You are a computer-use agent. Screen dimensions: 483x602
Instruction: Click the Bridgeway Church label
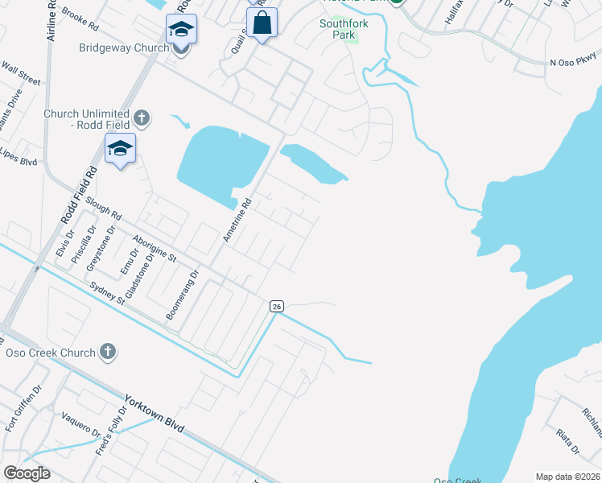(124, 48)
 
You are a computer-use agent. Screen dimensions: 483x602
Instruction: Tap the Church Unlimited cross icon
(142, 119)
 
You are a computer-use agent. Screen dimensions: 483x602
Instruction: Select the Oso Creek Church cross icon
(108, 351)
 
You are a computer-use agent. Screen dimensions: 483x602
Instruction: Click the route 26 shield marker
(277, 306)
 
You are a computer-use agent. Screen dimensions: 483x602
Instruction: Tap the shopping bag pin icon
(262, 23)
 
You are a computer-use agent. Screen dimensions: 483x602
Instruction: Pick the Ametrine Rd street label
(237, 222)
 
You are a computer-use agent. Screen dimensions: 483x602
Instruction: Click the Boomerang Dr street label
(182, 295)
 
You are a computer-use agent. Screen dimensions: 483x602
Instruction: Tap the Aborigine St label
(155, 246)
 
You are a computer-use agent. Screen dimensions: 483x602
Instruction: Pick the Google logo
(27, 473)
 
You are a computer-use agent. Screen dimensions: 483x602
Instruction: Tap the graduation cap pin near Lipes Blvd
(120, 149)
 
